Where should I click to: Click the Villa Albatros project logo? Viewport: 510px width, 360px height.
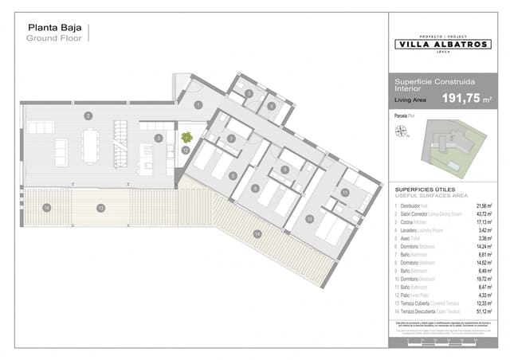click(443, 45)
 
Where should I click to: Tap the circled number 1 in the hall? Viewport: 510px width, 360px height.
click(198, 105)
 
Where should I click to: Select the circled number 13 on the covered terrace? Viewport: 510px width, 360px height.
click(100, 208)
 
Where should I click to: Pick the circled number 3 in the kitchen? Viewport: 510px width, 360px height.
click(159, 138)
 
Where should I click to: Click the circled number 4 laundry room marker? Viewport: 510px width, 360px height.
click(271, 106)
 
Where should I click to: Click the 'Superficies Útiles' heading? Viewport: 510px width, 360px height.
click(426, 190)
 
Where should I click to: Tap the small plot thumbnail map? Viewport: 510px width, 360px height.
click(455, 149)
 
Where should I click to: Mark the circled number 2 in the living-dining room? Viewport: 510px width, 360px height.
click(88, 116)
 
